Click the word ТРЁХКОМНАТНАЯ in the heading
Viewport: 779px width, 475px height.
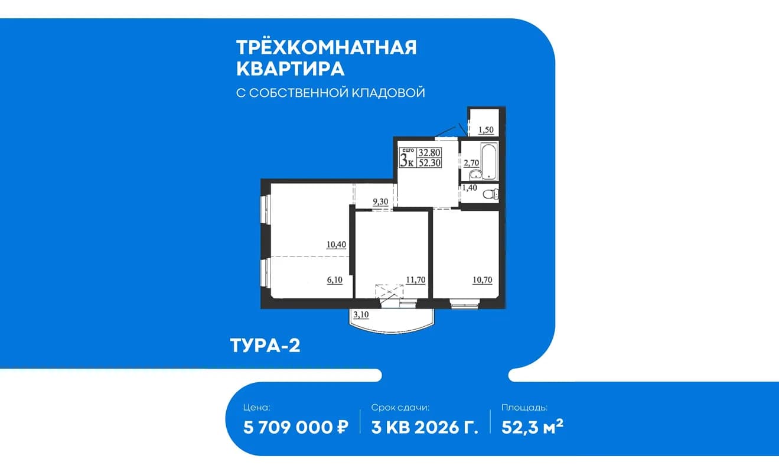coord(326,47)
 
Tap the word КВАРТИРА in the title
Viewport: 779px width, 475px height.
coord(291,69)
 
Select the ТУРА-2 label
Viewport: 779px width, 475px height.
coord(265,346)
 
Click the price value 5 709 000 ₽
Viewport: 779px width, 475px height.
coord(296,427)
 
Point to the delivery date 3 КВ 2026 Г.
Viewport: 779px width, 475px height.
coord(425,427)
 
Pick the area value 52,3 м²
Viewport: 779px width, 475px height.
coord(532,427)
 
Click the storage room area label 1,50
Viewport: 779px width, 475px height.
coord(486,130)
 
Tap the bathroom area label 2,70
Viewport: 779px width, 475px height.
coord(471,163)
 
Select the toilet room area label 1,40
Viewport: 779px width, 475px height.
coord(470,188)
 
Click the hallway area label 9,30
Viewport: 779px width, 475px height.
coord(380,202)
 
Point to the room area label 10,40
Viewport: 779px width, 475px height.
coord(336,245)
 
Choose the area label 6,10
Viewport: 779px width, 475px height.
coord(334,280)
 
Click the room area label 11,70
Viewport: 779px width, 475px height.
coord(416,280)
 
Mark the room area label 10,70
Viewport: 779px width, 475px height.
coord(483,280)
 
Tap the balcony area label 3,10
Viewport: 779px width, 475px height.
coord(361,315)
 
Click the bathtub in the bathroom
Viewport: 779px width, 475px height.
coord(490,162)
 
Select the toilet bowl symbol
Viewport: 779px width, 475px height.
coord(491,194)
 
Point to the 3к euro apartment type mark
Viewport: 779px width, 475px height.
coord(408,158)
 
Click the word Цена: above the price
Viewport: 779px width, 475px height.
coord(257,408)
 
